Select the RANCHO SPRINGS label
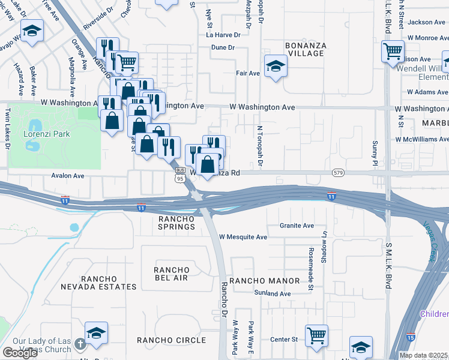[176, 223]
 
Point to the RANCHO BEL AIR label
[171, 274]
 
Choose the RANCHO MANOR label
[264, 281]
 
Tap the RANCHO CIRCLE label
[172, 340]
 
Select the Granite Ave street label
[297, 226]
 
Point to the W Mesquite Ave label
[243, 237]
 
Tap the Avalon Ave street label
[67, 176]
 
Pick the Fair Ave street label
[247, 73]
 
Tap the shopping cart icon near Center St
[316, 335]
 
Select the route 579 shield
[337, 173]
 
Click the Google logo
[20, 353]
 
